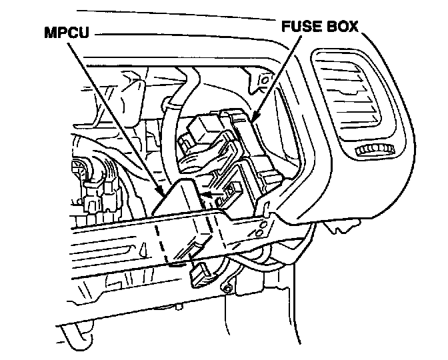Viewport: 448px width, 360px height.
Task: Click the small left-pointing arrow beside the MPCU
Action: [x=208, y=194]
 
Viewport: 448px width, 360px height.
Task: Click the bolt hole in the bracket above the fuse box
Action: [x=263, y=83]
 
